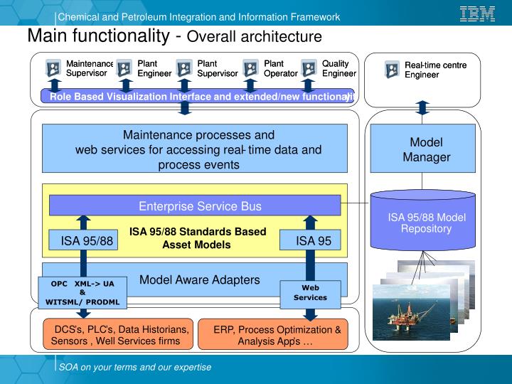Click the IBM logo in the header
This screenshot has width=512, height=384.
[477, 14]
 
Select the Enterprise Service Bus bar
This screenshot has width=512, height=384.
[195, 206]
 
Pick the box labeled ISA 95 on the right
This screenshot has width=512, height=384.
[314, 241]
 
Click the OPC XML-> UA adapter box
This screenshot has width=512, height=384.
[82, 292]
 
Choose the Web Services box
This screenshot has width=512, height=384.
[310, 292]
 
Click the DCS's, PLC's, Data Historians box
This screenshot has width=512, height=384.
[116, 335]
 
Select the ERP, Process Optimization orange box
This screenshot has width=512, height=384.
[277, 335]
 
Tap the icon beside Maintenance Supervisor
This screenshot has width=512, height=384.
[53, 68]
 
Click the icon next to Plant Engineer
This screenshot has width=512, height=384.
[124, 68]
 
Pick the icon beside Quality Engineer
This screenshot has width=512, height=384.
[309, 68]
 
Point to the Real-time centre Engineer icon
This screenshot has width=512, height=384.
[392, 69]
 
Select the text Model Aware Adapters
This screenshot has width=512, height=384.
[200, 279]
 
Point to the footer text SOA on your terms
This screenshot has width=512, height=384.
[135, 367]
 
